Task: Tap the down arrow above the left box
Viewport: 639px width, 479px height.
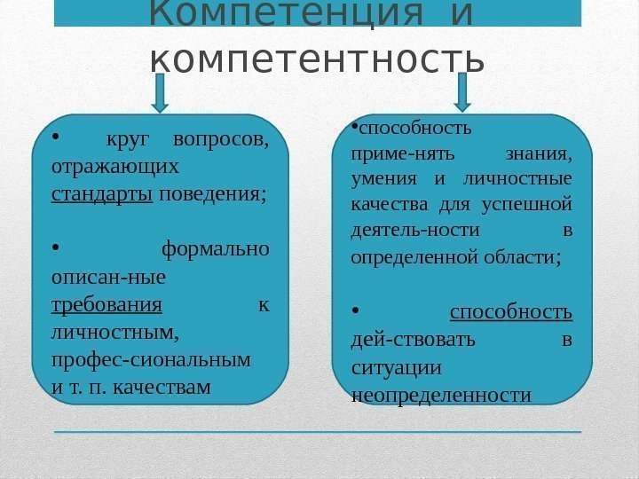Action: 160,93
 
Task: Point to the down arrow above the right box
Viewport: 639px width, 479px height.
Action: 462,93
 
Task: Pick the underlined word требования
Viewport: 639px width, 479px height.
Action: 107,305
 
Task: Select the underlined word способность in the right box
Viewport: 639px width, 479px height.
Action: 510,312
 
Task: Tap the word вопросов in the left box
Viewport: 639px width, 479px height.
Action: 222,139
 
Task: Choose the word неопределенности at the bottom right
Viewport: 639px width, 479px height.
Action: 440,394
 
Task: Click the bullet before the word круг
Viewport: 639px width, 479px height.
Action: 56,137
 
